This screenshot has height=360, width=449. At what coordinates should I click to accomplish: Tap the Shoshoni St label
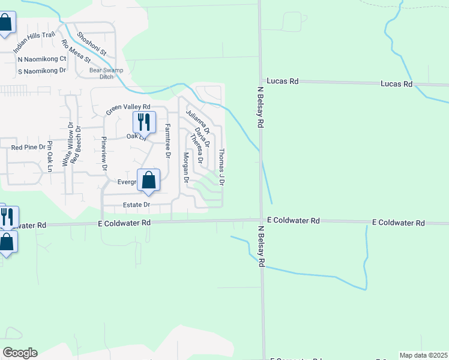click(x=91, y=43)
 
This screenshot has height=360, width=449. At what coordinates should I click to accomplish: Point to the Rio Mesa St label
click(x=76, y=51)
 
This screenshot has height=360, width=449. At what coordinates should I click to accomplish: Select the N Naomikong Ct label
click(x=42, y=59)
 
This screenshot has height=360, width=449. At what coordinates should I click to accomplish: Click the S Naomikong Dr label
click(x=41, y=71)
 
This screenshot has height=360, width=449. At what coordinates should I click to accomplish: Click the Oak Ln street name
click(x=136, y=137)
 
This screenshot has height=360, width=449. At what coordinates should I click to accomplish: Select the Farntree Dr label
click(x=167, y=141)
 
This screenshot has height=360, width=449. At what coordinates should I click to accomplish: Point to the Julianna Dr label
click(x=197, y=121)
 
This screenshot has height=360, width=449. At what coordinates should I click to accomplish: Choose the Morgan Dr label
click(x=186, y=167)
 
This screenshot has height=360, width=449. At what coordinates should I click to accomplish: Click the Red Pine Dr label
click(x=28, y=147)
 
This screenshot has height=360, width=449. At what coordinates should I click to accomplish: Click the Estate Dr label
click(x=136, y=205)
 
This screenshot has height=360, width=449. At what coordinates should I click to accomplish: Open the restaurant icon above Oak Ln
click(x=144, y=122)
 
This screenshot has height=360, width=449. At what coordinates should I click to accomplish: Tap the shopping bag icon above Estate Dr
click(x=148, y=180)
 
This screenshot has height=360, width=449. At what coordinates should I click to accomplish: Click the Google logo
click(x=20, y=353)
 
